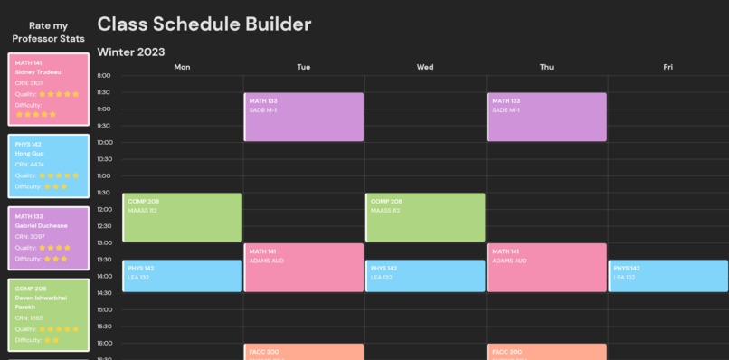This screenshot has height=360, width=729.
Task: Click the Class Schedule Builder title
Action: (x=204, y=24)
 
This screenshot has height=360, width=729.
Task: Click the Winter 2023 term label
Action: (x=131, y=52)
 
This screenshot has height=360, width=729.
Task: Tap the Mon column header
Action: (x=182, y=67)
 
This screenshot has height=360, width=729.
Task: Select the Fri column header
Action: (x=667, y=67)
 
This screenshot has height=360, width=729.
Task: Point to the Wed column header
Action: (x=425, y=67)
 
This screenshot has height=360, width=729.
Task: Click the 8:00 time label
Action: (x=103, y=76)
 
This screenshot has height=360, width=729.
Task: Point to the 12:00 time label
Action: (x=103, y=209)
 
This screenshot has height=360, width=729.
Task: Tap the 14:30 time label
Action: (x=103, y=292)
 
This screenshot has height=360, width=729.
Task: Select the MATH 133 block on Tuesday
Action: (x=304, y=117)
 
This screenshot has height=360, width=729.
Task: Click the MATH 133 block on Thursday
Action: (x=546, y=117)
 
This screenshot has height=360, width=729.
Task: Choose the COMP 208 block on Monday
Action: (x=183, y=217)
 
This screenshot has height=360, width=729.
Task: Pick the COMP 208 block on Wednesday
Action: (x=425, y=217)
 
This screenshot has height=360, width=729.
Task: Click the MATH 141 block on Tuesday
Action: (x=304, y=267)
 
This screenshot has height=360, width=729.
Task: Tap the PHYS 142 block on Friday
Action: (x=667, y=276)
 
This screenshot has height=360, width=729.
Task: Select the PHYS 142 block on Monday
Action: (x=183, y=276)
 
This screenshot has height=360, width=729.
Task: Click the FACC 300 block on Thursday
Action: (x=546, y=352)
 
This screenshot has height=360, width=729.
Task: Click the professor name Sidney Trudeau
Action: (x=38, y=71)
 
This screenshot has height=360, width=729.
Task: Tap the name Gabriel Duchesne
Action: (x=42, y=225)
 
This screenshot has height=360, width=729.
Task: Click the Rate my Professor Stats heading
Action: (x=48, y=33)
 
